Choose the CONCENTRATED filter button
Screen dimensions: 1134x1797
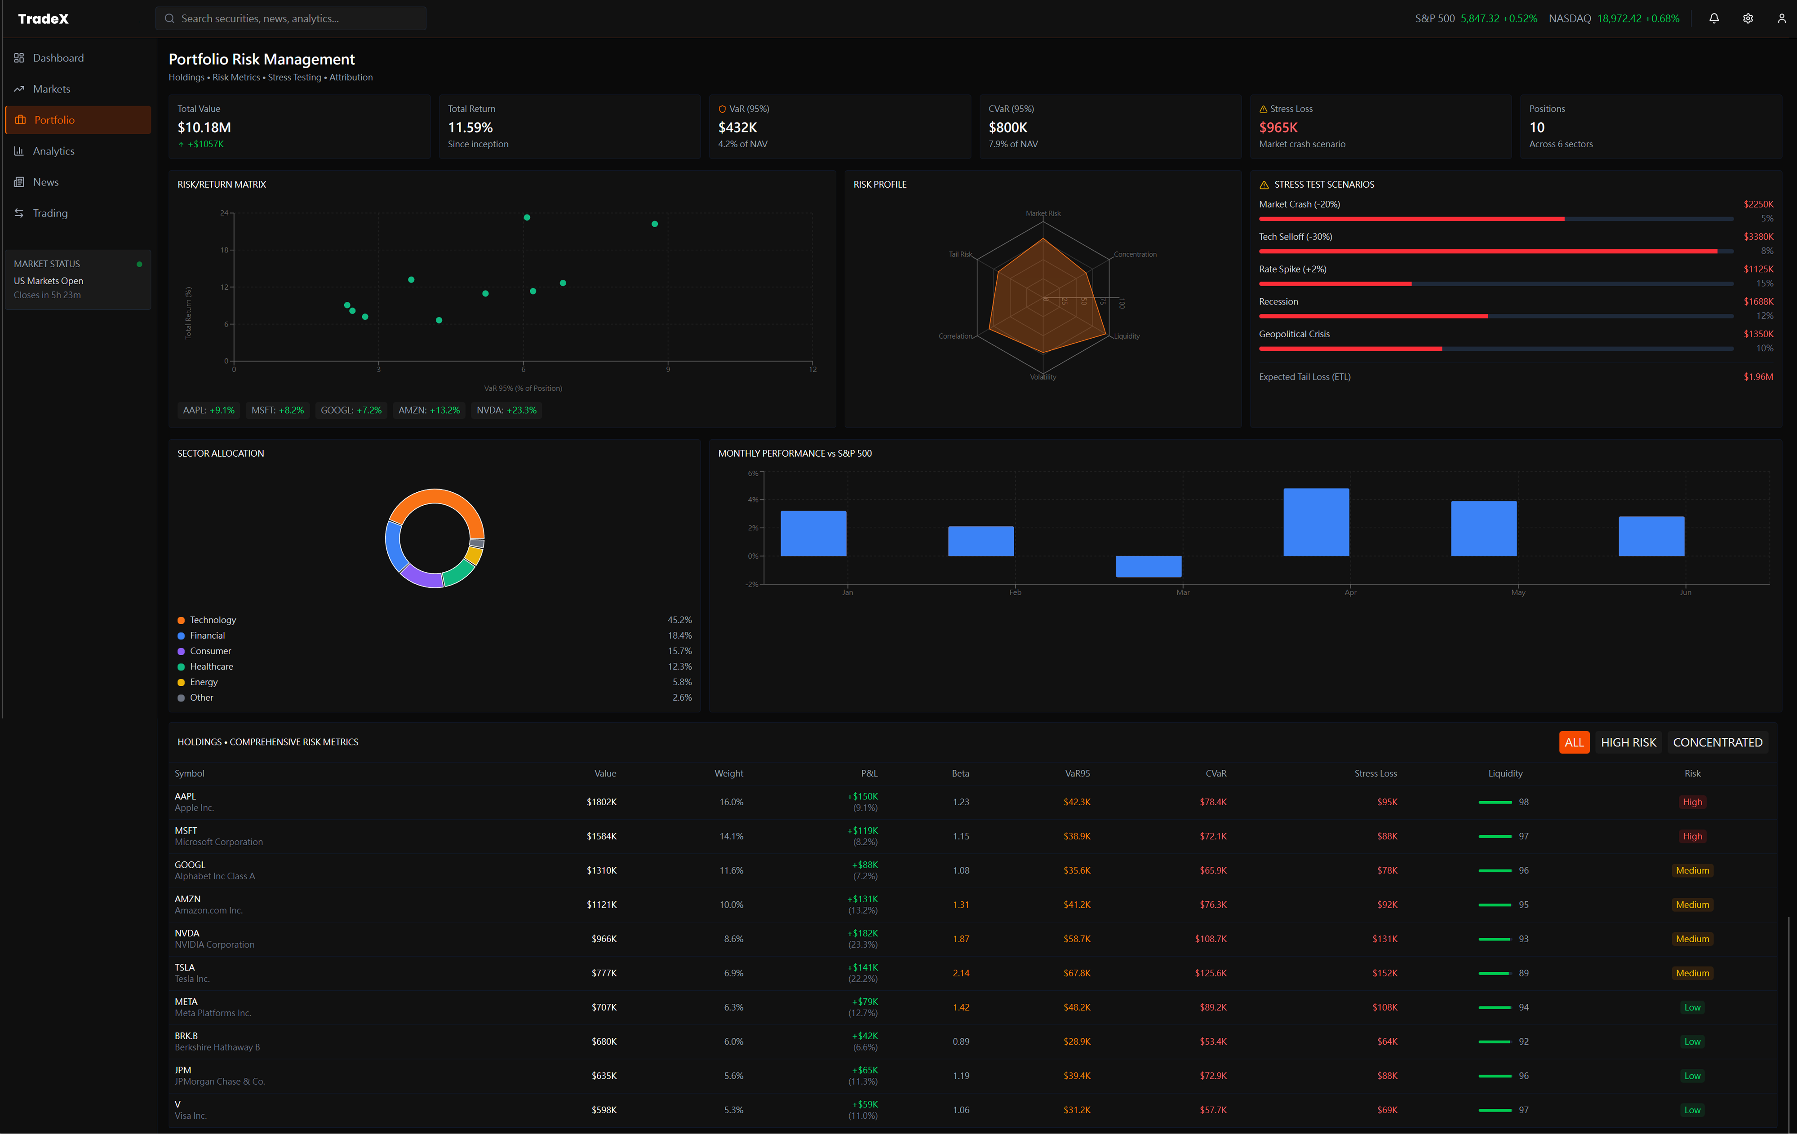click(1717, 742)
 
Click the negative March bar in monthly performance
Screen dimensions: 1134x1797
click(1148, 566)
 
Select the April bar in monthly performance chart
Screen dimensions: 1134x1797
click(1316, 522)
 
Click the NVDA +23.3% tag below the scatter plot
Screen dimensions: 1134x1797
click(507, 410)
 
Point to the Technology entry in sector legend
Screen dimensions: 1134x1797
click(213, 620)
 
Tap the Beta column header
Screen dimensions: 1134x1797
click(960, 774)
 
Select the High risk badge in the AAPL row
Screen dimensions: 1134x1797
click(1692, 802)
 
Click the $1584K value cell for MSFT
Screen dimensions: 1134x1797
click(602, 836)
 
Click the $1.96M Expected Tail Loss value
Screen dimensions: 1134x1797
click(1757, 377)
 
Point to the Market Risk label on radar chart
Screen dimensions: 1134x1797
click(1043, 213)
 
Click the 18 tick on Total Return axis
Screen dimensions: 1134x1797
click(224, 250)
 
